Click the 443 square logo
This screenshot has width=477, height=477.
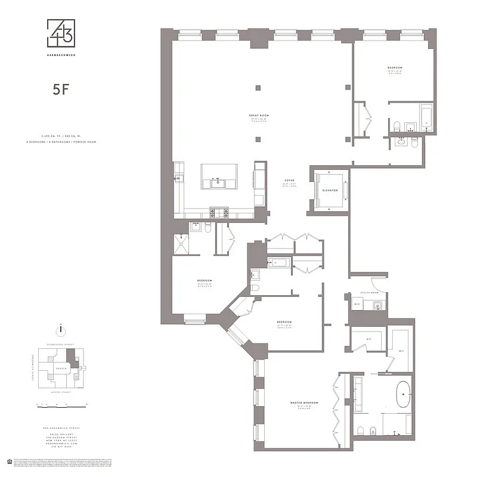click(x=61, y=33)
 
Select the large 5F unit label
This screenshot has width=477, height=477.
click(x=61, y=91)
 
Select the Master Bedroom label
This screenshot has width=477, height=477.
click(x=304, y=403)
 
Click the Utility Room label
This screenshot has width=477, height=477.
click(x=370, y=293)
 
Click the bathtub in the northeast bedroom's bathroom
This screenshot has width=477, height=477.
click(x=427, y=116)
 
